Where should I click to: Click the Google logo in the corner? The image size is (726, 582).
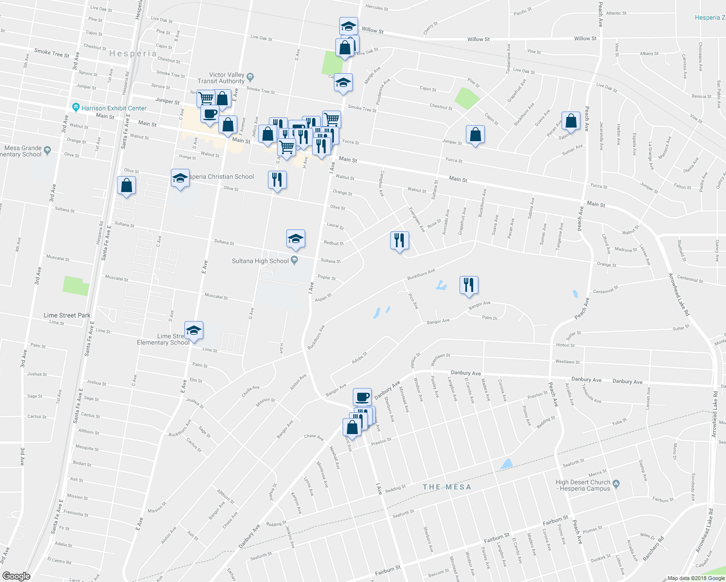coord(16,576)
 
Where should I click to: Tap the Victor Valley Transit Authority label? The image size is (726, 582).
coord(221,78)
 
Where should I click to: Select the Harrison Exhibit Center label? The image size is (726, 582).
coord(114,108)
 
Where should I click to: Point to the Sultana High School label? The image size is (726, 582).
coord(260,261)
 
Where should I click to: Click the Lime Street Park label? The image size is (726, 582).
coord(67,315)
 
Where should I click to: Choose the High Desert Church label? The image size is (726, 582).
coord(583,485)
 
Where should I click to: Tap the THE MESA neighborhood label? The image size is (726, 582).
coord(446,487)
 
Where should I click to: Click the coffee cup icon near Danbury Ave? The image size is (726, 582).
coord(362,397)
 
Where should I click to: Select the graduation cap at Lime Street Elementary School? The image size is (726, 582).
coord(194,330)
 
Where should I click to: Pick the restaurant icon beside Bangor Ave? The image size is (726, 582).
coord(469,285)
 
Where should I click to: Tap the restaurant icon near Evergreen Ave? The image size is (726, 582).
coord(399,240)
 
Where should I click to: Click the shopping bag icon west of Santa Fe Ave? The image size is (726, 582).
coord(126,185)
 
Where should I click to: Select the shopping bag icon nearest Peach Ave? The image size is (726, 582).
coord(571,121)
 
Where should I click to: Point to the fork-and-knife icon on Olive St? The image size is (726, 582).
coord(277,180)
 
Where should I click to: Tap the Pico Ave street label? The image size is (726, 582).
coord(413,301)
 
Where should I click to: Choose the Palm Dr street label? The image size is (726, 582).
coord(490,318)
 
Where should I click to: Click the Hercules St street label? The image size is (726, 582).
coord(377,8)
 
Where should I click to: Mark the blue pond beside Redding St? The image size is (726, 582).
coord(506,464)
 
